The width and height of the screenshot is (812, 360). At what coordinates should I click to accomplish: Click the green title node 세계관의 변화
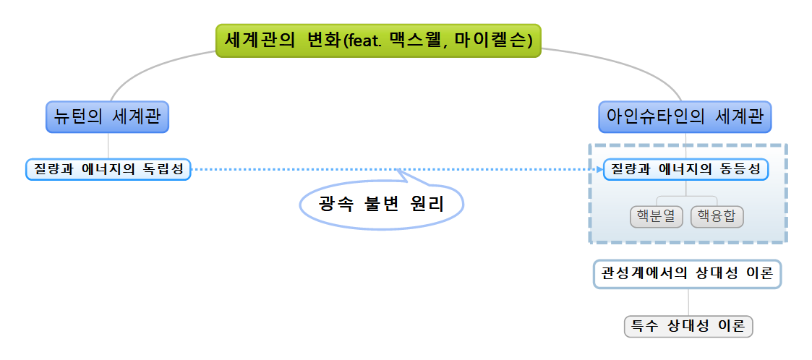tap(378, 40)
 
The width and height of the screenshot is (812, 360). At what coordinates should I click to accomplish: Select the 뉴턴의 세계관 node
tap(107, 116)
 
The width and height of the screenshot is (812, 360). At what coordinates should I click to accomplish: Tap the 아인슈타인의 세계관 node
tap(685, 116)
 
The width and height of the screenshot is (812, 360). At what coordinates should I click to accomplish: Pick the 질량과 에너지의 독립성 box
tap(108, 169)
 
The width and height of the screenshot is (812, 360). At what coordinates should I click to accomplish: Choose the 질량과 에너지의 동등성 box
tap(685, 169)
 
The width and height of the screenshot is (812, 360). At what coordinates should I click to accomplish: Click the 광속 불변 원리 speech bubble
tap(381, 205)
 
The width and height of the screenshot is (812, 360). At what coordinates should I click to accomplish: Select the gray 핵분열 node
tap(657, 216)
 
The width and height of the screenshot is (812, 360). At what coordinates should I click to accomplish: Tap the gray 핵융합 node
tap(717, 216)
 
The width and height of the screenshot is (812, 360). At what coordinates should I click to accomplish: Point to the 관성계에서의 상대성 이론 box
tap(688, 274)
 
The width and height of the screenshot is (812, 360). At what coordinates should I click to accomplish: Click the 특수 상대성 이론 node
tap(688, 326)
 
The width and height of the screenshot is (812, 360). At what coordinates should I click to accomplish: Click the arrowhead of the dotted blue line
tap(597, 169)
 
